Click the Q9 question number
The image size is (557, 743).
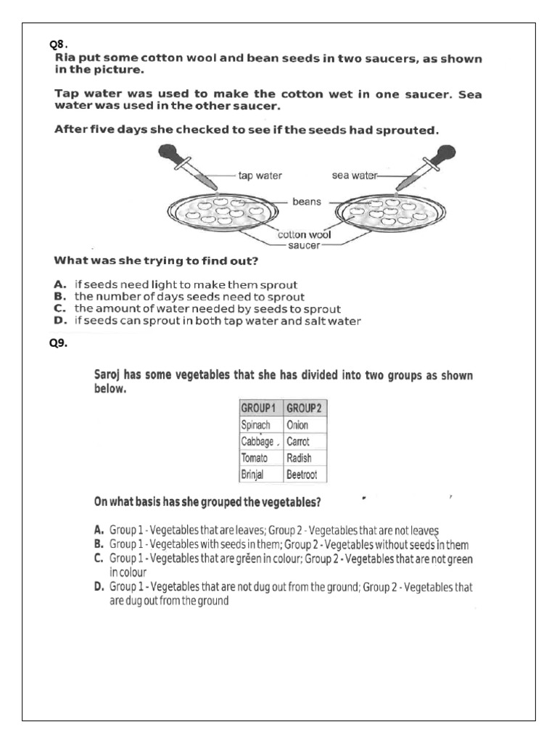(x=58, y=344)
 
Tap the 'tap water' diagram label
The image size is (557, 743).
(x=260, y=176)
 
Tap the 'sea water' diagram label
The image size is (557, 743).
(x=350, y=176)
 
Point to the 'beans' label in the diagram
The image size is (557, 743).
(x=306, y=201)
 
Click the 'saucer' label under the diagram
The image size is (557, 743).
(x=303, y=246)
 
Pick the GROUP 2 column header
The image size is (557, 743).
(x=304, y=408)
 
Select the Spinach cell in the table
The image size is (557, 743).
(x=255, y=424)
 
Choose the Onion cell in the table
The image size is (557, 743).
(x=298, y=424)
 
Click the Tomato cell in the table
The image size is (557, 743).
(x=255, y=458)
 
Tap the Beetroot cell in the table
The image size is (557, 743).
(x=303, y=475)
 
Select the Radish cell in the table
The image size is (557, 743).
(x=299, y=458)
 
